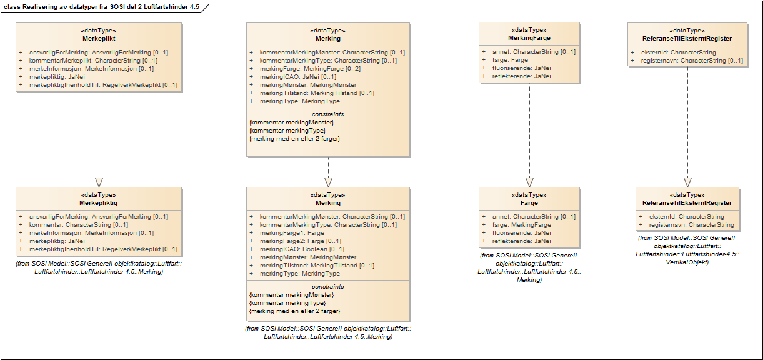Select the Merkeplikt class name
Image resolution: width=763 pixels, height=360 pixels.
98,38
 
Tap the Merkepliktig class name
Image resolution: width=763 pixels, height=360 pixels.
98,203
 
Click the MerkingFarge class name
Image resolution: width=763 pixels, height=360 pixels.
529,38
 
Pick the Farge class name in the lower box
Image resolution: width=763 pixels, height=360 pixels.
529,203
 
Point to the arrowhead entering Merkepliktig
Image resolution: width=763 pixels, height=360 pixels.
99,181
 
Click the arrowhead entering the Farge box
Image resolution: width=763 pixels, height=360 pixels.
529,181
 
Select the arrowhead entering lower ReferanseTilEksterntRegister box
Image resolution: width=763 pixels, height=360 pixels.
687,181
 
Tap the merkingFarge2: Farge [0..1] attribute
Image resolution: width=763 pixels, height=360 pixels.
300,241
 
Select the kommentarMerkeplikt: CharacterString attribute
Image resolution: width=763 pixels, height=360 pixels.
92,61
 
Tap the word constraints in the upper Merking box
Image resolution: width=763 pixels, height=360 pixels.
328,114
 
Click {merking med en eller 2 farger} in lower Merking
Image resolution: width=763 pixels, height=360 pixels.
294,311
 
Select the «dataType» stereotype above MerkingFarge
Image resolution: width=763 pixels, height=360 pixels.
529,30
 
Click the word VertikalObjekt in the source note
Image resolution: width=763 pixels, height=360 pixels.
687,262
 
